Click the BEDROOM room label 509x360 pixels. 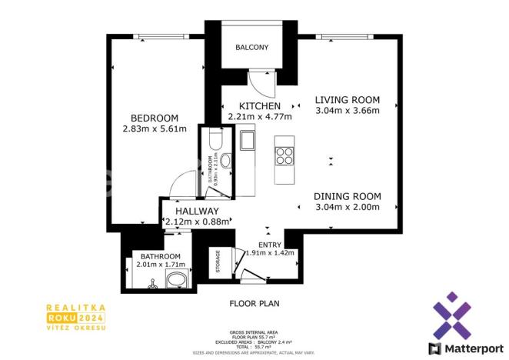coord(155,118)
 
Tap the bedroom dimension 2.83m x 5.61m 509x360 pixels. coord(155,129)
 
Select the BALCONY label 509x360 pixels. coord(251,48)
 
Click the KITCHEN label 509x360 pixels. coord(260,106)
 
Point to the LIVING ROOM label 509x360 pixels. coord(348,100)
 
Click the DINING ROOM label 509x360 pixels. coord(348,196)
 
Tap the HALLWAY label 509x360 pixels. coord(197,212)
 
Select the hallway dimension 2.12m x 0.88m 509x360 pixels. coord(197,222)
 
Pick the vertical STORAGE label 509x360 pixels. coord(218,262)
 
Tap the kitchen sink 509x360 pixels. coord(248,142)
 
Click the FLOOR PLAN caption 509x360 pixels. coord(254,304)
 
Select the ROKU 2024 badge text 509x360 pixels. coord(75,317)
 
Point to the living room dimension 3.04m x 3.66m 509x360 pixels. coord(348,111)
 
